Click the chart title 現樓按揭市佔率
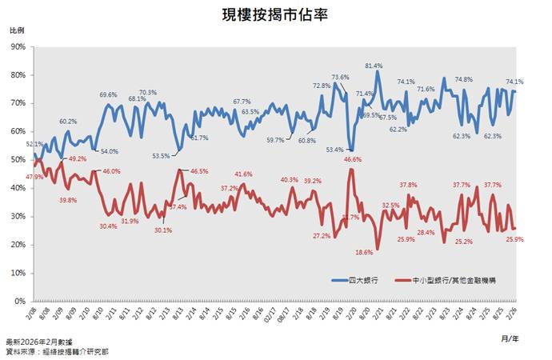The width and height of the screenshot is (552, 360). [275, 14]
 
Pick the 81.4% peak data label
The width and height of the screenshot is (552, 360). [374, 66]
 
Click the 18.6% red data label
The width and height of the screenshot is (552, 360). [364, 252]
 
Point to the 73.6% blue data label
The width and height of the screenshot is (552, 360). [340, 78]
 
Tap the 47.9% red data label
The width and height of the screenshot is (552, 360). [34, 176]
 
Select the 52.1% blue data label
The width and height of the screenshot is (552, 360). [35, 144]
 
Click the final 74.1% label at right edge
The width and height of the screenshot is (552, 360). [514, 82]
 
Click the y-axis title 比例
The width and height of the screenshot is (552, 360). [17, 30]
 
